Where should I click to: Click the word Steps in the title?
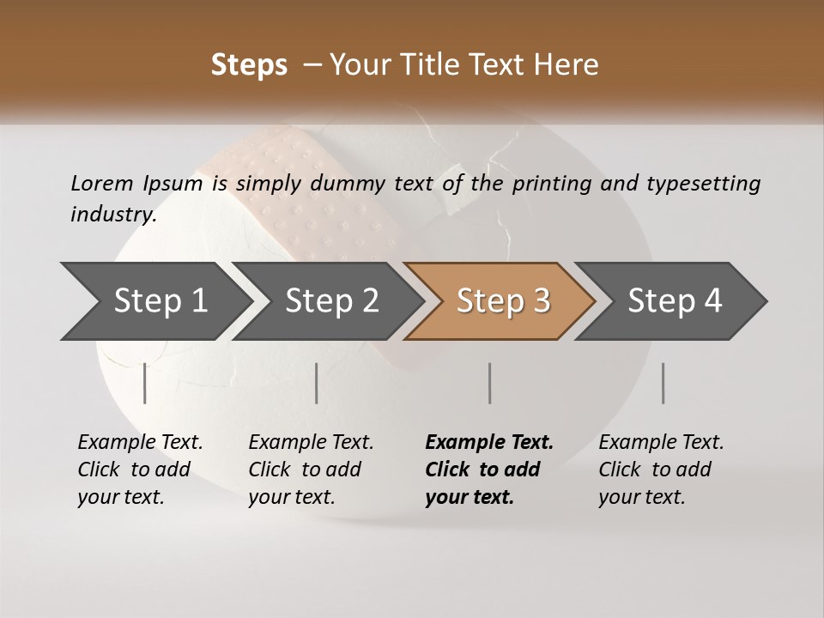click(249, 65)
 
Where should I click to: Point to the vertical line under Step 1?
click(145, 383)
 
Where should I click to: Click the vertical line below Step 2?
click(317, 383)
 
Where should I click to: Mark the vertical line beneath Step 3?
click(489, 383)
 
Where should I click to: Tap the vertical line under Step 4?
click(663, 383)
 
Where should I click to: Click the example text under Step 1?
click(140, 470)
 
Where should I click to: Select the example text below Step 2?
click(311, 470)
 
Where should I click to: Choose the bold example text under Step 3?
click(489, 470)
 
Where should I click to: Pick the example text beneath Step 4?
click(661, 470)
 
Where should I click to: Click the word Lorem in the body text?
click(101, 183)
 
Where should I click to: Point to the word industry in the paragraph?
click(113, 215)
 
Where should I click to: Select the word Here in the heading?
click(571, 65)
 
